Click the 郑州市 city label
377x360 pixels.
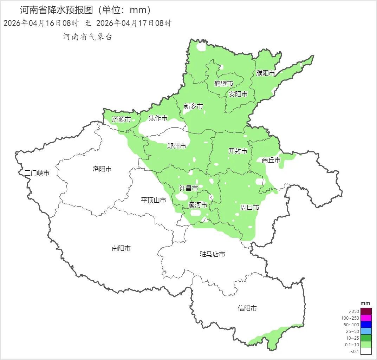(176, 146)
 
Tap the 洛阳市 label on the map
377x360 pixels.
(102, 169)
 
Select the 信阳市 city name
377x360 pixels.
(247, 308)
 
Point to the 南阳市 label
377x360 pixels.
(121, 248)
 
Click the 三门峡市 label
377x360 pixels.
(37, 173)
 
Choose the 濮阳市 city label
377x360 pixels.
(266, 73)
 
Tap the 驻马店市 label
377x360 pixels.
(212, 254)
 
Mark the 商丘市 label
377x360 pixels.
(271, 160)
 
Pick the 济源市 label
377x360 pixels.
(122, 119)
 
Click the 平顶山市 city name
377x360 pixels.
(153, 200)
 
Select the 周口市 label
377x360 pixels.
(249, 208)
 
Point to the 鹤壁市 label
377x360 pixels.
(224, 84)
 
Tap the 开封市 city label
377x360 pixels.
(238, 151)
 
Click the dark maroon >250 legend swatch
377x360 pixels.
(366, 311)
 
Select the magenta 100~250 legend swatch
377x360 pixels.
(366, 318)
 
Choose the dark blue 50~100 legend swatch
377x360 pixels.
(366, 325)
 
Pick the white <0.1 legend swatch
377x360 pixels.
(366, 351)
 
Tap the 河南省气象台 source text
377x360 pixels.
(87, 37)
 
